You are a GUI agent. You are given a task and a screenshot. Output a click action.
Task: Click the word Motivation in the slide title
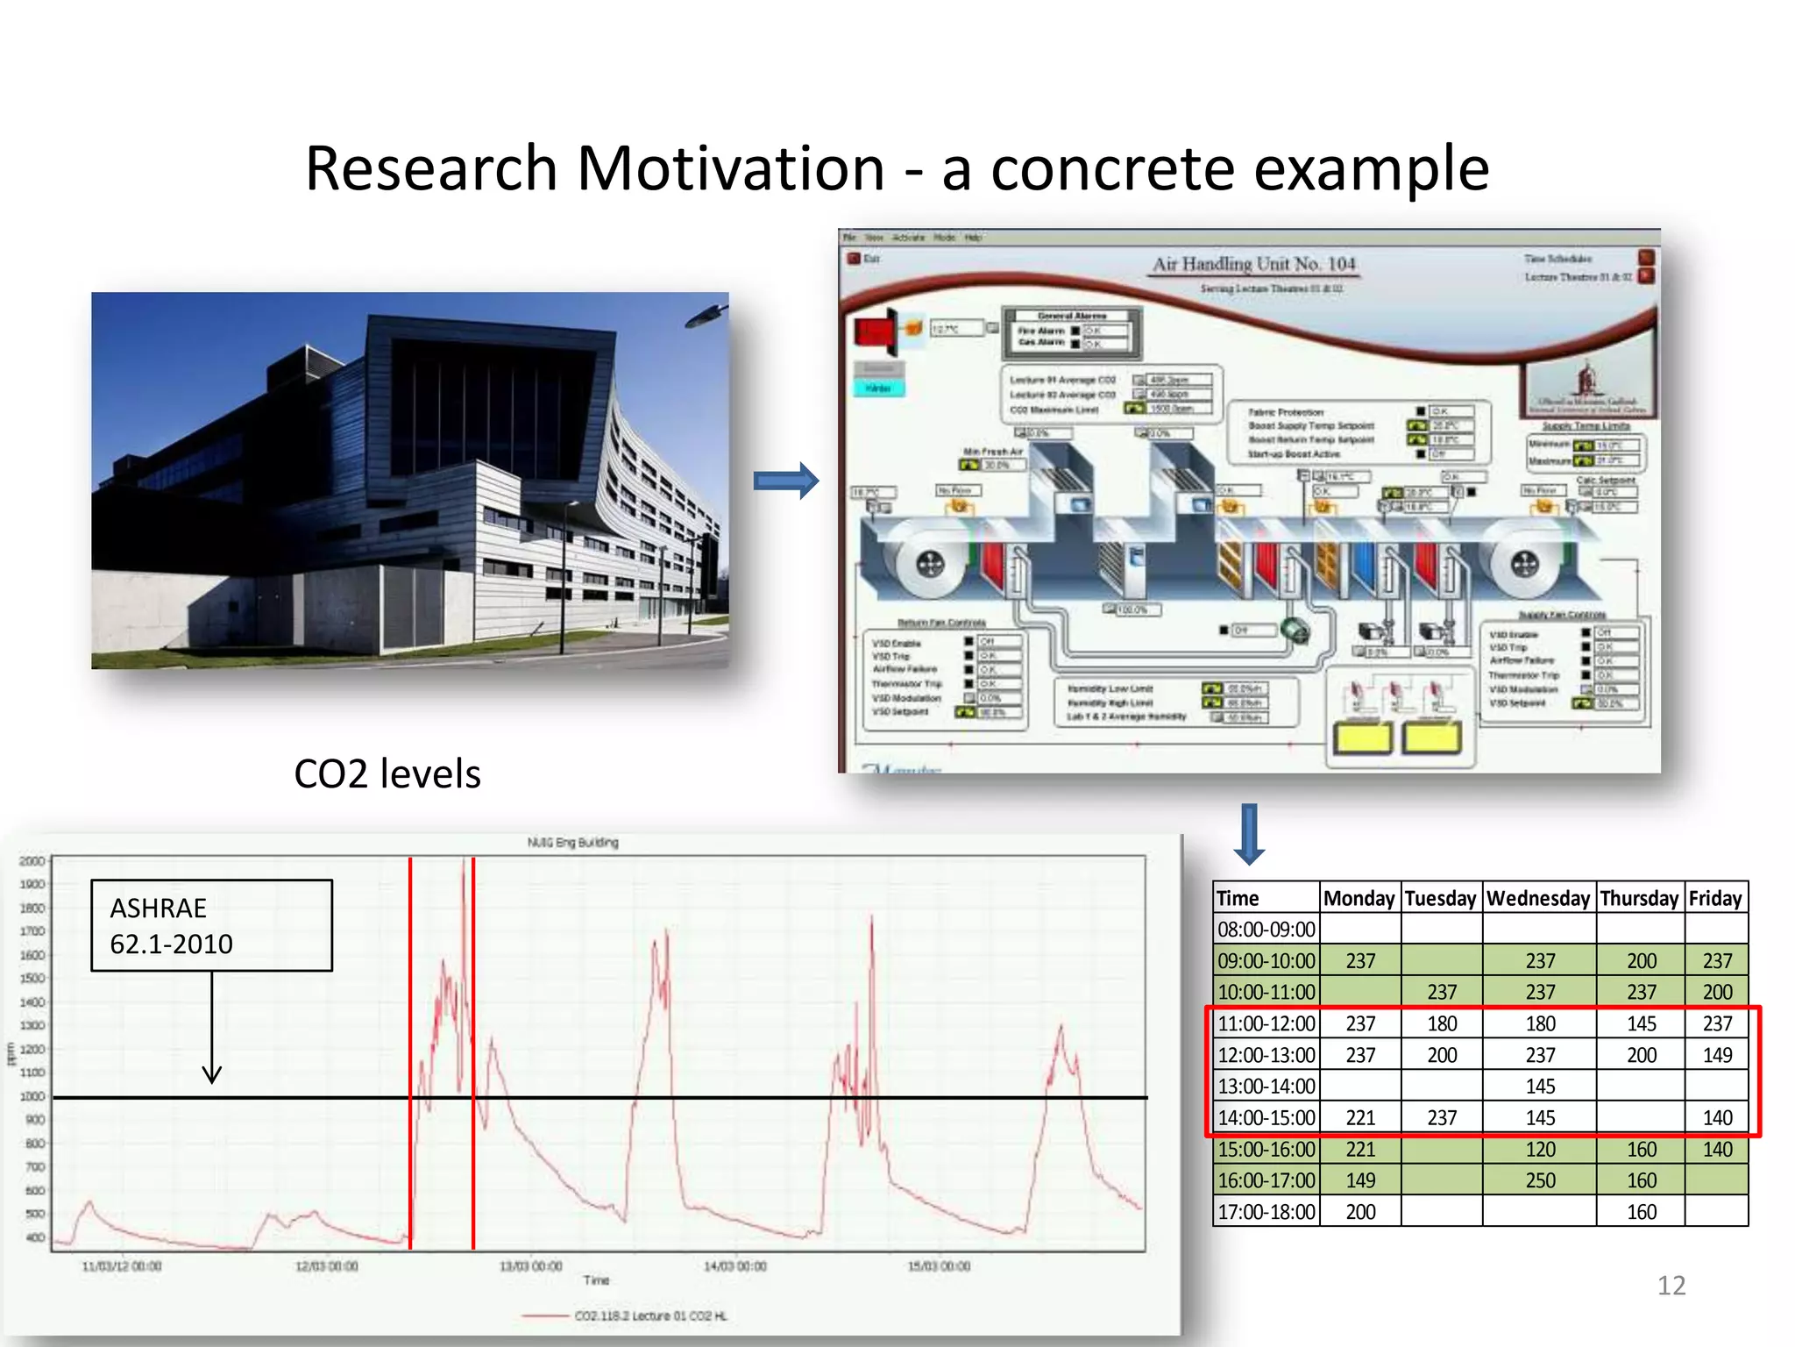pyautogui.click(x=730, y=168)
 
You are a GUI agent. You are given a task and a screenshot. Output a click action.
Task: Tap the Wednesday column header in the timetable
pyautogui.click(x=1538, y=898)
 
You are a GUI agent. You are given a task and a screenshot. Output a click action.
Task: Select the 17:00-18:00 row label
pyautogui.click(x=1266, y=1212)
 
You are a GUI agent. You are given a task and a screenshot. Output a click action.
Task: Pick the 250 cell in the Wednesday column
pyautogui.click(x=1540, y=1180)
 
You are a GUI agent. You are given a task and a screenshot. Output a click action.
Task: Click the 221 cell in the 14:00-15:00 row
pyautogui.click(x=1360, y=1118)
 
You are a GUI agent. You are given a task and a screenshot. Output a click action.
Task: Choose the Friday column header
pyautogui.click(x=1715, y=898)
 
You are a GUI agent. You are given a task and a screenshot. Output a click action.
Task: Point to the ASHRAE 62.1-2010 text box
pyautogui.click(x=211, y=926)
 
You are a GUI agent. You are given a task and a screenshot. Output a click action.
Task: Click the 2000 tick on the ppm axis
pyautogui.click(x=32, y=861)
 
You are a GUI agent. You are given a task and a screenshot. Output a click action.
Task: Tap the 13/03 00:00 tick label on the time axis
pyautogui.click(x=530, y=1266)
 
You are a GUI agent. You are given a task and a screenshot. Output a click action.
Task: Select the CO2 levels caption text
pyautogui.click(x=387, y=774)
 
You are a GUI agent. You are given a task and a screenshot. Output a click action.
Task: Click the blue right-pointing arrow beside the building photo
pyautogui.click(x=786, y=481)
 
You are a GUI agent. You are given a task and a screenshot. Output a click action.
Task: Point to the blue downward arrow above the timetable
pyautogui.click(x=1249, y=834)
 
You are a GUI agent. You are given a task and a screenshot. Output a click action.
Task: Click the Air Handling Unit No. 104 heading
pyautogui.click(x=1253, y=264)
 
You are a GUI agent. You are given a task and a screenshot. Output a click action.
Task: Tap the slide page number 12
pyautogui.click(x=1671, y=1286)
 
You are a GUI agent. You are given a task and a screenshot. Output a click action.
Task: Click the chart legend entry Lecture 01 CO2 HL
pyautogui.click(x=649, y=1315)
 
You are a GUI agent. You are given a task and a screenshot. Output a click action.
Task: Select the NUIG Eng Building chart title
pyautogui.click(x=572, y=843)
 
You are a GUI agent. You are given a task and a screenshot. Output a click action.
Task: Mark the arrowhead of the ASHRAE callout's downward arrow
pyautogui.click(x=212, y=1076)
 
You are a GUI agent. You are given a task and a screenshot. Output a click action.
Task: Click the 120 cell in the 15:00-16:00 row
pyautogui.click(x=1540, y=1150)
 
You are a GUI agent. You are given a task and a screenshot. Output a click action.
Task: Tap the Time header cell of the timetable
pyautogui.click(x=1238, y=898)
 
